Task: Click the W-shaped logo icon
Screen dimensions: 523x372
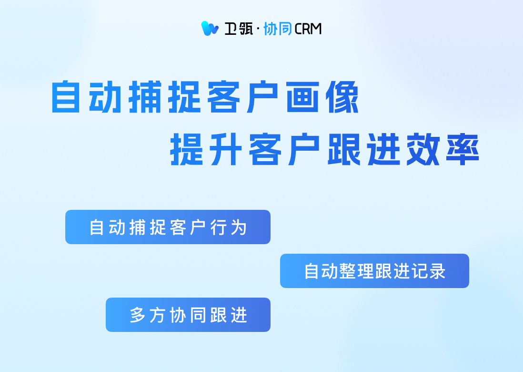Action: click(x=210, y=29)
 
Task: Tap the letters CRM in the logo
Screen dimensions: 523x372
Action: click(x=308, y=29)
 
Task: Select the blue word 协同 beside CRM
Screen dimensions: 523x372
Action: click(x=278, y=29)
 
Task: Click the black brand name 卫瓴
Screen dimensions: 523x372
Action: click(x=239, y=29)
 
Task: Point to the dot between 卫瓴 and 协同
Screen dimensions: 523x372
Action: click(x=258, y=29)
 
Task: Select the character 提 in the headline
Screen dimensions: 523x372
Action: click(x=186, y=149)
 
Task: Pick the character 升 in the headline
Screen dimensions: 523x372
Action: click(x=226, y=149)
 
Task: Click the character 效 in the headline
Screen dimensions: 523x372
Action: click(x=423, y=149)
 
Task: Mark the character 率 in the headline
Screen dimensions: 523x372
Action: click(x=463, y=149)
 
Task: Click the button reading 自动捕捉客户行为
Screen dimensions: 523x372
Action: click(x=168, y=227)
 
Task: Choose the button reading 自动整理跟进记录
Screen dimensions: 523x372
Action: click(x=374, y=271)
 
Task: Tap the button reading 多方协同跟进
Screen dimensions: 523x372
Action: click(x=188, y=315)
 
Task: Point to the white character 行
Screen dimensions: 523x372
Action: click(x=218, y=227)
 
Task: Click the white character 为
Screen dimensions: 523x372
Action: click(x=239, y=227)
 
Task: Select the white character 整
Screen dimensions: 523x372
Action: click(x=348, y=271)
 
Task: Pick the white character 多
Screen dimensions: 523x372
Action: click(x=138, y=315)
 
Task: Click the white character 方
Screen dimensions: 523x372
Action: click(x=158, y=315)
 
